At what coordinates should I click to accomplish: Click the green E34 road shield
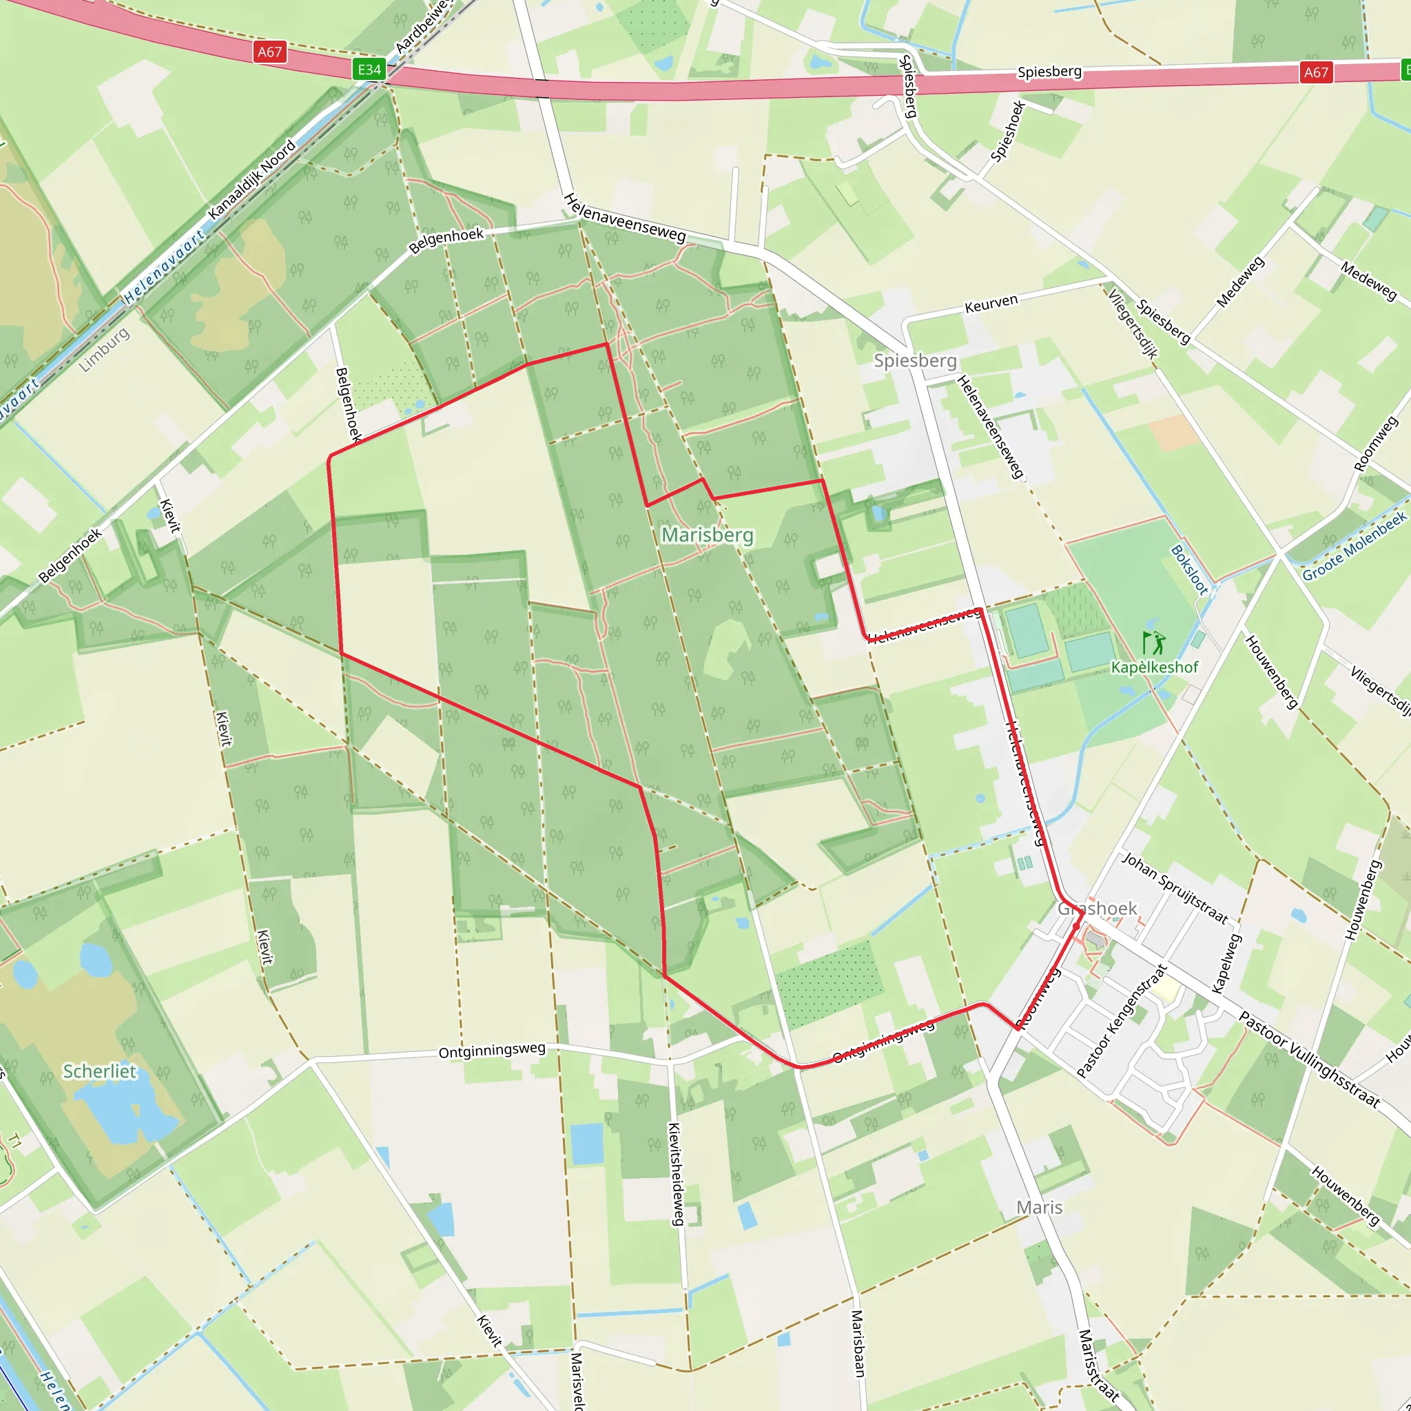[369, 70]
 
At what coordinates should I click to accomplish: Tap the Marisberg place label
[707, 535]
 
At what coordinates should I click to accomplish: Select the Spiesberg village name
[915, 361]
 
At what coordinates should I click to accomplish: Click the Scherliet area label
[100, 1071]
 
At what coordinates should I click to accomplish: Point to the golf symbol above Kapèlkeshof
[1153, 643]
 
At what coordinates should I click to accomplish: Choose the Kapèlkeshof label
[1155, 668]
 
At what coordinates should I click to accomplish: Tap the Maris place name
[1039, 1207]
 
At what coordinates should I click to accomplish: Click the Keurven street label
[991, 304]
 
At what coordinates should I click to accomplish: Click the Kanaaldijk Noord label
[252, 180]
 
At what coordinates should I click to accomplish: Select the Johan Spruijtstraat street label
[1175, 888]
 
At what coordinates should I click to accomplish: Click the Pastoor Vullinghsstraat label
[1310, 1060]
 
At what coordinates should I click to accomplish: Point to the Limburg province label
[104, 350]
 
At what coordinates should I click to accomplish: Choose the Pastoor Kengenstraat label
[1121, 1021]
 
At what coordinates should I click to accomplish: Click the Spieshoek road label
[1008, 131]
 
